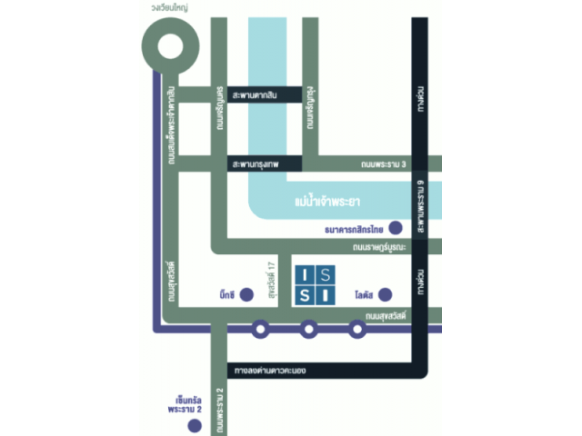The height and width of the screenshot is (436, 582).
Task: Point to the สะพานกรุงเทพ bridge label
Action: pyautogui.click(x=256, y=164)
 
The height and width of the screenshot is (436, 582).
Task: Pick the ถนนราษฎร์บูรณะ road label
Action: pyautogui.click(x=376, y=247)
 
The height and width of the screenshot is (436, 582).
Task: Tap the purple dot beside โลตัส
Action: pyautogui.click(x=386, y=294)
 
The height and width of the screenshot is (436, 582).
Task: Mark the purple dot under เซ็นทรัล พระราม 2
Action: pyautogui.click(x=189, y=423)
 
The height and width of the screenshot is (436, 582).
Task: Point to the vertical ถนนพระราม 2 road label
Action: pyautogui.click(x=221, y=409)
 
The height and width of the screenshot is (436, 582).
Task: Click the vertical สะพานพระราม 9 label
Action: pyautogui.click(x=422, y=205)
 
